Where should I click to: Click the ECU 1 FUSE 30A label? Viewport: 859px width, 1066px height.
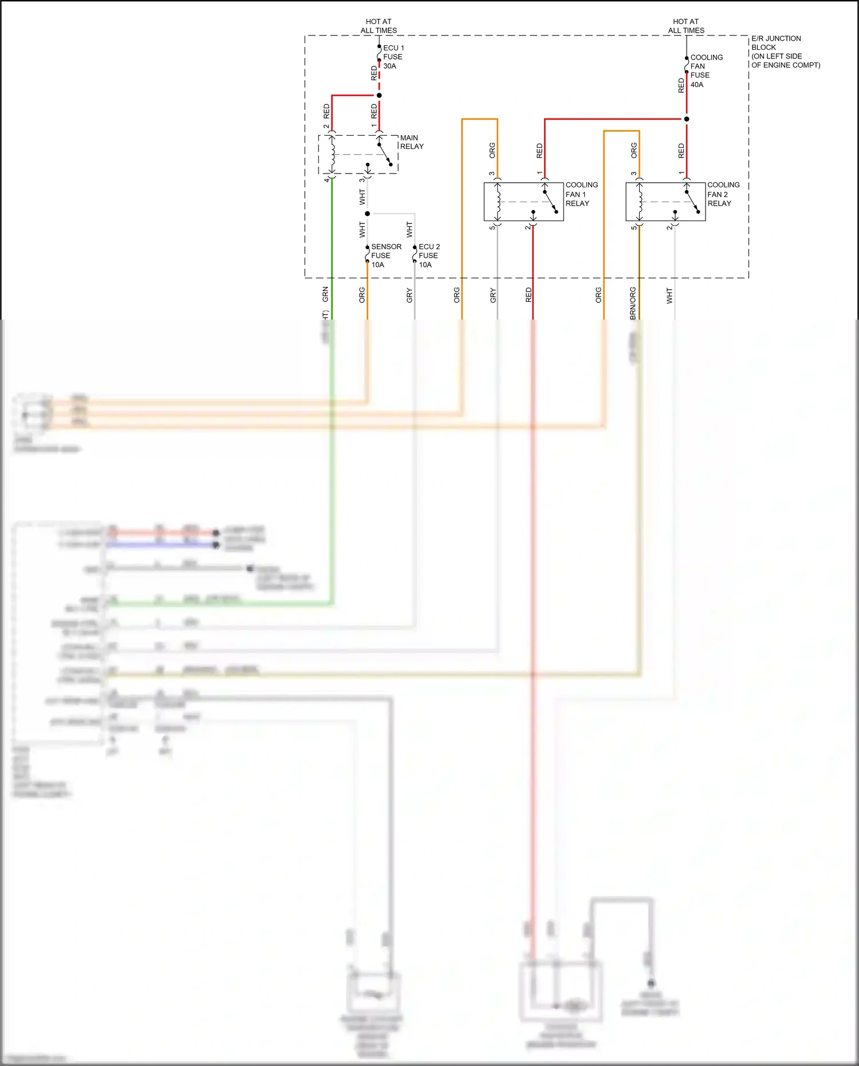coord(393,57)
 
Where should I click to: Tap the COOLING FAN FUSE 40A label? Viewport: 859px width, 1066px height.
coord(706,71)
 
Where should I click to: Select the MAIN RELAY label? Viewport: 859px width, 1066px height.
coord(412,142)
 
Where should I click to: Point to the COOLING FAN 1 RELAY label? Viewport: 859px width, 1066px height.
coord(581,194)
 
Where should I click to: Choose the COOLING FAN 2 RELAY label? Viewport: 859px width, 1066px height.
coord(723,194)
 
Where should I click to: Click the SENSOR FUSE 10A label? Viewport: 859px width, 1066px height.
coord(385,255)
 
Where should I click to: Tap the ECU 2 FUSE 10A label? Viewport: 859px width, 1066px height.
coord(429,255)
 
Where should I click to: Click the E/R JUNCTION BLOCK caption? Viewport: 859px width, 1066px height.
coord(785,52)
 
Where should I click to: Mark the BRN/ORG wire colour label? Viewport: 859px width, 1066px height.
coord(633,303)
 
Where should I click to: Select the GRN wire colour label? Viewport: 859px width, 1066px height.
coord(325,294)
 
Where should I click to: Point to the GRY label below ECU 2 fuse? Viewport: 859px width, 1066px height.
coord(409,296)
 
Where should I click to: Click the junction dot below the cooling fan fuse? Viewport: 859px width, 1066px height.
coord(687,119)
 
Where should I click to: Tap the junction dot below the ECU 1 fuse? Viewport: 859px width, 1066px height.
coord(379,95)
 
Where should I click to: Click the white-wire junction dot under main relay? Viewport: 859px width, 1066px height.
coord(368,214)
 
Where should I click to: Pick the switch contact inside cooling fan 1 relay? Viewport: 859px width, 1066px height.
coord(550,202)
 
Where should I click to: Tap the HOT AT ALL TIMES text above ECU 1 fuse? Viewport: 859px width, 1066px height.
coord(379,26)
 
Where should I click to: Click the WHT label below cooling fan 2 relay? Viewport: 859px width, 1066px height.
coord(669,296)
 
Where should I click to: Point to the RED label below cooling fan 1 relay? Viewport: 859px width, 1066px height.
coord(529,295)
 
